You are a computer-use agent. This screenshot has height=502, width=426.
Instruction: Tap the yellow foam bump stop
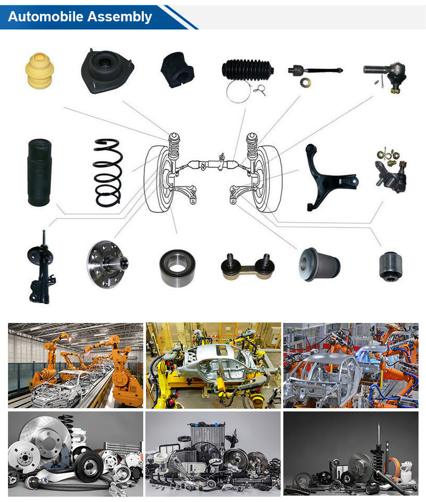[x=39, y=71]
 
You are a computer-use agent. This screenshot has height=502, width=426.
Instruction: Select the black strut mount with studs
[x=107, y=71]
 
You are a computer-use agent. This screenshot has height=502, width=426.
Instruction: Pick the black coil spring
[x=108, y=173]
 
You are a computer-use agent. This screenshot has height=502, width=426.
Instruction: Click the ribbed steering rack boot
[x=248, y=69]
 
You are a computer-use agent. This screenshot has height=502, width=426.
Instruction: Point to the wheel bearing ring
[x=177, y=268]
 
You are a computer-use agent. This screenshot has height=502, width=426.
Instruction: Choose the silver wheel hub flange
[x=108, y=264]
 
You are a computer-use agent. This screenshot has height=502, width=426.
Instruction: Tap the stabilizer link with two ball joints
[x=248, y=266]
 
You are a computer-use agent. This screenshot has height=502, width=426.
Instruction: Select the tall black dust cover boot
[x=39, y=173]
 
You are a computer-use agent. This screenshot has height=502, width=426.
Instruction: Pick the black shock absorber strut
[x=42, y=268]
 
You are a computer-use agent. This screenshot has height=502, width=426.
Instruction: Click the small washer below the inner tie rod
[x=306, y=82]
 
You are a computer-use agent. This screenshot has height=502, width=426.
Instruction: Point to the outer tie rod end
[x=386, y=75]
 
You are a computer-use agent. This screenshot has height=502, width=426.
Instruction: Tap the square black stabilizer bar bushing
[x=177, y=70]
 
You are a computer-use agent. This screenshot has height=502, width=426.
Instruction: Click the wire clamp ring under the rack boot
[x=238, y=91]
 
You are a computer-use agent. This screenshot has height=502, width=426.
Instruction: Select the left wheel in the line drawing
[x=159, y=179]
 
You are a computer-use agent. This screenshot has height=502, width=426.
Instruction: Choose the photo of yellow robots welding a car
[x=214, y=365]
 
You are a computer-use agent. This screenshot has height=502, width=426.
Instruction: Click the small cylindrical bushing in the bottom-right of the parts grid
[x=390, y=266]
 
